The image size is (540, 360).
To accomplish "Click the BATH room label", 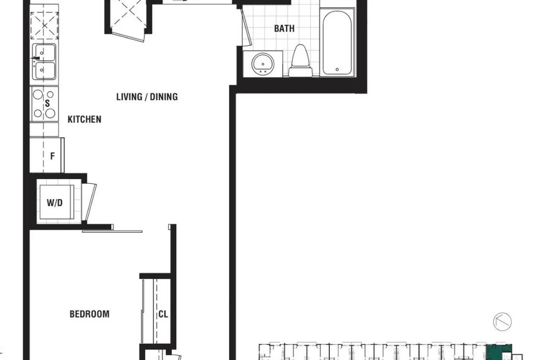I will click(284, 28).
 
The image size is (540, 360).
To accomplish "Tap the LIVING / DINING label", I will click(147, 97).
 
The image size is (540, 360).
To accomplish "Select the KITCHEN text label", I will click(84, 120).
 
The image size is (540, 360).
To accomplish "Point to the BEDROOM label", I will click(89, 314).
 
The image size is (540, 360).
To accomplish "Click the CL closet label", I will click(163, 314).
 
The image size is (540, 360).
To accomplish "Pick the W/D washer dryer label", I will click(55, 203).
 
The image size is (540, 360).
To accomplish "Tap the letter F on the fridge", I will click(53, 156).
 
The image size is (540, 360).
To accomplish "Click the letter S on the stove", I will click(47, 104).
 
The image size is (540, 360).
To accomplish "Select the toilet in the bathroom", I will click(301, 61).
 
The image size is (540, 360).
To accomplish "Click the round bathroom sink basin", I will click(262, 64).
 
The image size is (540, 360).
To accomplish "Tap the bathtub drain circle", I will click(337, 69).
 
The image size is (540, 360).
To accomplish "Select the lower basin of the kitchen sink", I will click(44, 70).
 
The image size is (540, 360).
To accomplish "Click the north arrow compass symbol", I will click(502, 321).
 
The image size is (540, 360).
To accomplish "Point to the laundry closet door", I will click(89, 202).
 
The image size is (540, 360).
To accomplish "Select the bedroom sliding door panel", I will click(112, 231).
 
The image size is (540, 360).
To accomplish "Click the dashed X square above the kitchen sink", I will click(44, 26).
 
